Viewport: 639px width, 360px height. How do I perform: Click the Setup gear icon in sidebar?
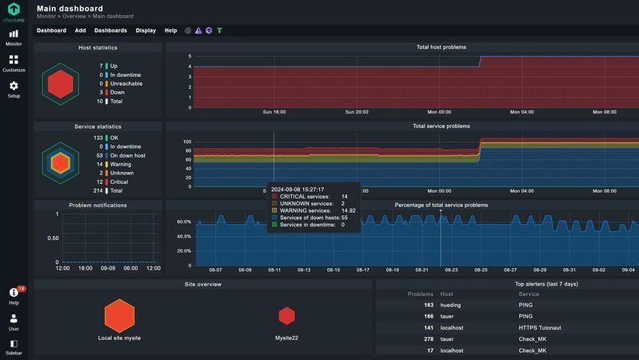[x=14, y=86]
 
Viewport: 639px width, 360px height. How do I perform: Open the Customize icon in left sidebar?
[x=14, y=59]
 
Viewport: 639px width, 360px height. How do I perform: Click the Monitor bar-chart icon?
[x=14, y=34]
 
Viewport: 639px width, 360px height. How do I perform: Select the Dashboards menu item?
[x=110, y=30]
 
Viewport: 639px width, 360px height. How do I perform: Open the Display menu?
[x=146, y=30]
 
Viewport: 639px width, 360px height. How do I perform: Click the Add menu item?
[x=80, y=30]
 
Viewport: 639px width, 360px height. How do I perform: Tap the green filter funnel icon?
[x=220, y=30]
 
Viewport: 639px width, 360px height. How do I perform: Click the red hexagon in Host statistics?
[x=60, y=83]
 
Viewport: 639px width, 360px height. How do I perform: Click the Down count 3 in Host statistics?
[x=101, y=93]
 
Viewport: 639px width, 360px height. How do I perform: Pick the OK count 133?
[x=98, y=138]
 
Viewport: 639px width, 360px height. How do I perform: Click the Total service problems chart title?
[x=441, y=126]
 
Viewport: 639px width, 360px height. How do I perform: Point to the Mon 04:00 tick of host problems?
[x=521, y=113]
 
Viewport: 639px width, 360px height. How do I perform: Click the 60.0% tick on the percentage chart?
[x=183, y=222]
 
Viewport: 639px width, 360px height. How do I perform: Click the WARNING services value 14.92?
[x=349, y=210]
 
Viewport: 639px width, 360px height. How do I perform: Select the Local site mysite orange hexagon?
[x=119, y=315]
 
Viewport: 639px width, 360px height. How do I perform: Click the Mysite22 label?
[x=286, y=338]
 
